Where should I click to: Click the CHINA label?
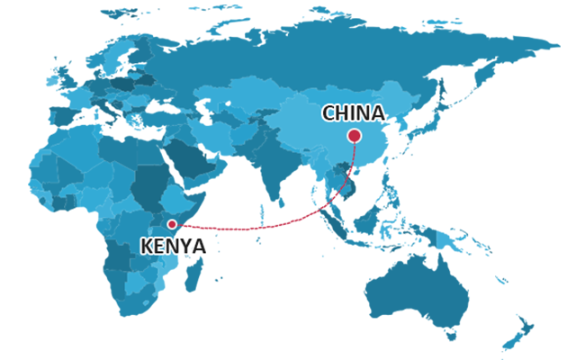tap(353, 113)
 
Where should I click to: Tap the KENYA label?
tap(174, 246)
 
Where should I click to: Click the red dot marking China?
tap(354, 136)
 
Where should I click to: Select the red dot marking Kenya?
tap(172, 224)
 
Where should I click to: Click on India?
tap(270, 166)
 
